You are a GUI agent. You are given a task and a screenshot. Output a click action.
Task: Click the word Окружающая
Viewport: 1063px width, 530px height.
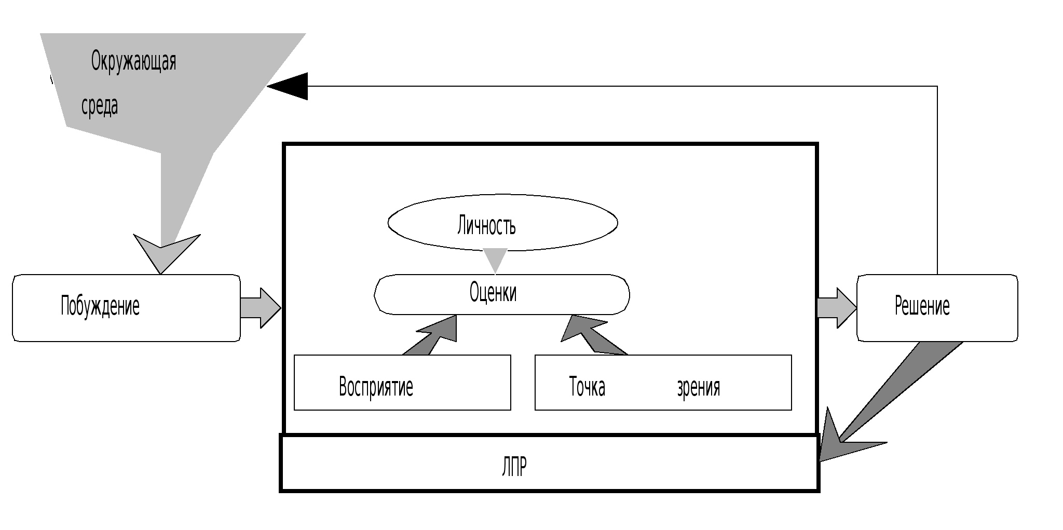pos(133,61)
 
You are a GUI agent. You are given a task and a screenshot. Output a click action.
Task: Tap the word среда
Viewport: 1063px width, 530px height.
pos(100,106)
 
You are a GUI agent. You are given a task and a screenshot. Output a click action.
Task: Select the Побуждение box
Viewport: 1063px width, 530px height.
pos(126,308)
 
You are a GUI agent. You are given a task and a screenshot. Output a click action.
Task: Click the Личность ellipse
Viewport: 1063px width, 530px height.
pos(502,223)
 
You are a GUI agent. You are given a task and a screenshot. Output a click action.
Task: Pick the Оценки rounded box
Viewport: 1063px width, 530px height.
pos(502,294)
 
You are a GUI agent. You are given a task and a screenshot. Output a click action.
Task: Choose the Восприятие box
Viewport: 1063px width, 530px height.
pos(402,383)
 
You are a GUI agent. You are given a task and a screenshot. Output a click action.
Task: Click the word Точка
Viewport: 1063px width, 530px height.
pos(587,387)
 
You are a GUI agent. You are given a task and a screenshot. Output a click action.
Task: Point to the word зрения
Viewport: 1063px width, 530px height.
pos(698,387)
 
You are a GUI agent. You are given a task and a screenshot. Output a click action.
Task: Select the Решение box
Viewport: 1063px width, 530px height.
pos(937,308)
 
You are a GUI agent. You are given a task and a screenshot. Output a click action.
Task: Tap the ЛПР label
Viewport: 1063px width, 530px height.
pos(514,466)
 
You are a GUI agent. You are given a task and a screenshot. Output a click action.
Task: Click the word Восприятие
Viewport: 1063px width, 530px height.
pos(376,387)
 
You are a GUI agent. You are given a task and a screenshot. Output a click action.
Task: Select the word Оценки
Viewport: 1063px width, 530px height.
pos(493,292)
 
